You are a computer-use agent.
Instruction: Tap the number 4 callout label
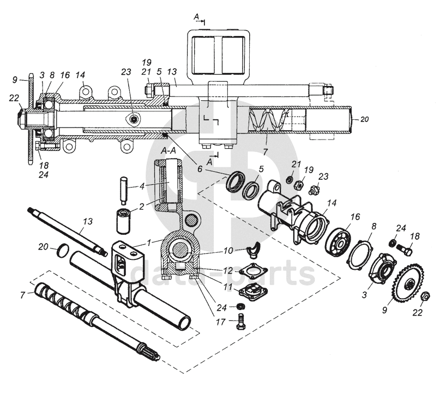click(x=142, y=186)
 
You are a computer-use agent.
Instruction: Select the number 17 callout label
click(x=220, y=322)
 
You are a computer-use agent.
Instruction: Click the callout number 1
click(x=150, y=240)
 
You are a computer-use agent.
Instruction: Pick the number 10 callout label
click(x=228, y=250)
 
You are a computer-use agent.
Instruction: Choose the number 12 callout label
click(x=228, y=271)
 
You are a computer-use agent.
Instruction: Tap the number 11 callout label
click(x=228, y=286)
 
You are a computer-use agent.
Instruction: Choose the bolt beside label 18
click(x=405, y=251)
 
